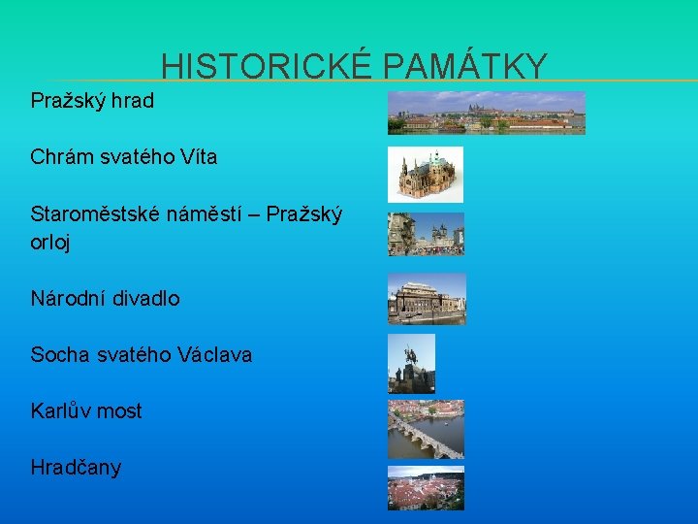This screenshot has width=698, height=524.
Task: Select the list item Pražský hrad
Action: [92, 100]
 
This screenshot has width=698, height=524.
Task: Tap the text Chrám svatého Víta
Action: [124, 156]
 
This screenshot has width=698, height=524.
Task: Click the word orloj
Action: [50, 243]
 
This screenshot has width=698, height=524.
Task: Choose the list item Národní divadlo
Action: [105, 299]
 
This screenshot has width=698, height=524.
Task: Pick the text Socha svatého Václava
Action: [141, 355]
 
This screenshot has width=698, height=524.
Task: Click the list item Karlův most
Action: [86, 411]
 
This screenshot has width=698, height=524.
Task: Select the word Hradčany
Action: [76, 468]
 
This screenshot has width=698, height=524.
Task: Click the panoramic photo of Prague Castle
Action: [486, 113]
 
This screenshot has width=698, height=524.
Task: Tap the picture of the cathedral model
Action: [425, 174]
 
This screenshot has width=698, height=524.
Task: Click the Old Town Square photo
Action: [426, 234]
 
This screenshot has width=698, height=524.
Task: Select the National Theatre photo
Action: [427, 298]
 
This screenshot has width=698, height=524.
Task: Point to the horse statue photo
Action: [411, 363]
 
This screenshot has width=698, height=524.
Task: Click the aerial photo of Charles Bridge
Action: [426, 429]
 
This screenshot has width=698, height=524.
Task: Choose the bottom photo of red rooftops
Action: [426, 487]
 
